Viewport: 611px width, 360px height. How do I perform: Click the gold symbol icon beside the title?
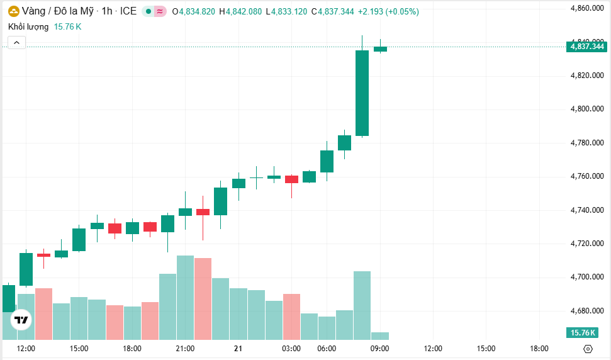[x=13, y=11]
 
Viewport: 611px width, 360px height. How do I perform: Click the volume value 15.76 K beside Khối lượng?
[x=67, y=26]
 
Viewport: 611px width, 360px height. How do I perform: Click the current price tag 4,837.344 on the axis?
[x=586, y=47]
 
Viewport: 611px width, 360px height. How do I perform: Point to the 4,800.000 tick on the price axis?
[x=586, y=109]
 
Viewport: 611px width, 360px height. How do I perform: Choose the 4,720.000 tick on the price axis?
[x=586, y=244]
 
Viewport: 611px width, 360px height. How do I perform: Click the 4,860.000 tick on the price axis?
[x=586, y=8]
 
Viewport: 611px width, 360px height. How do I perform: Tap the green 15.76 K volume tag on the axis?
[x=582, y=332]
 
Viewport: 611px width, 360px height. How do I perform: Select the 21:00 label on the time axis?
[x=185, y=348]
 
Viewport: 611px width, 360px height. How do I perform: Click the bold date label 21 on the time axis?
[x=238, y=348]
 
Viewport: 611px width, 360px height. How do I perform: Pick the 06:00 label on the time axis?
[x=327, y=348]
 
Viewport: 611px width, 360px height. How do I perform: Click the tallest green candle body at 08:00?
[x=362, y=93]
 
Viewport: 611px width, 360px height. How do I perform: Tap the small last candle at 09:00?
[x=380, y=48]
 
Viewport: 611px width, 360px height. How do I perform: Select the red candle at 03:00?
[x=291, y=179]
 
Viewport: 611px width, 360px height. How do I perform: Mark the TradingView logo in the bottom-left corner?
[x=21, y=320]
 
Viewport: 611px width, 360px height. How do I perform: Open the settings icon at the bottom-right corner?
[x=588, y=349]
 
